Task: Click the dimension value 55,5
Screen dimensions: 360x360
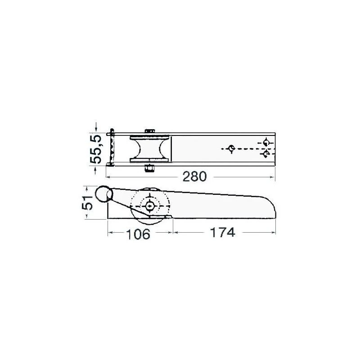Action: [95, 149]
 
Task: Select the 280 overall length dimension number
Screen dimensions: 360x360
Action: [194, 176]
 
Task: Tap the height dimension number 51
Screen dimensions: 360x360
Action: [87, 203]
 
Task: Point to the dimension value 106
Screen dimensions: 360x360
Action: [138, 234]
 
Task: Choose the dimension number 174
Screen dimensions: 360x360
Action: [222, 232]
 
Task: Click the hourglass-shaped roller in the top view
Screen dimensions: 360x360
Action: [150, 149]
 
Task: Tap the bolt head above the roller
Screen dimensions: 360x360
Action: [150, 131]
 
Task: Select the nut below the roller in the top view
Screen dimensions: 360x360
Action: [149, 168]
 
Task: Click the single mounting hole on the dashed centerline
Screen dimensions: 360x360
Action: [231, 148]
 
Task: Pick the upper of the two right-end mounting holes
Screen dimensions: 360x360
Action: [266, 142]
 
